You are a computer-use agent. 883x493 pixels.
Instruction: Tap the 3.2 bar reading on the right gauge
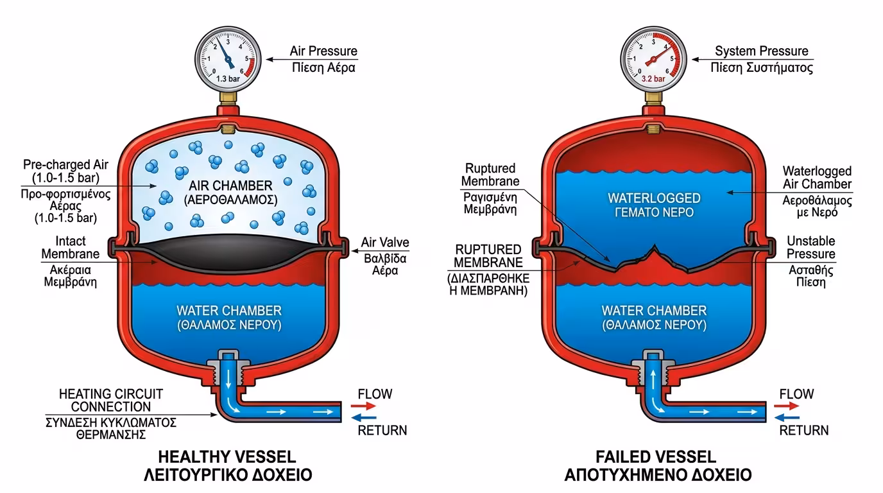click(652, 80)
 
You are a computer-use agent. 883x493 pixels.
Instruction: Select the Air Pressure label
click(323, 51)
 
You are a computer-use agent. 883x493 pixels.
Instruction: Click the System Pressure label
click(761, 51)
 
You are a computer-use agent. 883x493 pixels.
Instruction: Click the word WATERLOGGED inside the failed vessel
click(654, 198)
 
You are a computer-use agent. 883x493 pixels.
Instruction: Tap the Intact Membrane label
click(71, 248)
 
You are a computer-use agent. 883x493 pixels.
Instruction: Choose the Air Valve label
click(384, 243)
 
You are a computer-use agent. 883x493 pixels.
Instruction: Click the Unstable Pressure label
click(810, 247)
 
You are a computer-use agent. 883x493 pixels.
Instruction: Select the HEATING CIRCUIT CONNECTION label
click(111, 400)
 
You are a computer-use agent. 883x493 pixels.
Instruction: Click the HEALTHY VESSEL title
click(227, 457)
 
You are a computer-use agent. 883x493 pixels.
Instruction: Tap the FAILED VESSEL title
click(655, 457)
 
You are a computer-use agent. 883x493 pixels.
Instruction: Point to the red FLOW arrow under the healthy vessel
click(363, 406)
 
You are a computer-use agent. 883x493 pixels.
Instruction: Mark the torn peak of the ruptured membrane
click(654, 248)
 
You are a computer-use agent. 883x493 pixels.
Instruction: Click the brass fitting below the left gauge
click(228, 98)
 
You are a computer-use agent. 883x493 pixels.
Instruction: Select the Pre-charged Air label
click(61, 170)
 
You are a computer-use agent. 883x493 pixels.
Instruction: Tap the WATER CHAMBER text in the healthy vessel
click(228, 311)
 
